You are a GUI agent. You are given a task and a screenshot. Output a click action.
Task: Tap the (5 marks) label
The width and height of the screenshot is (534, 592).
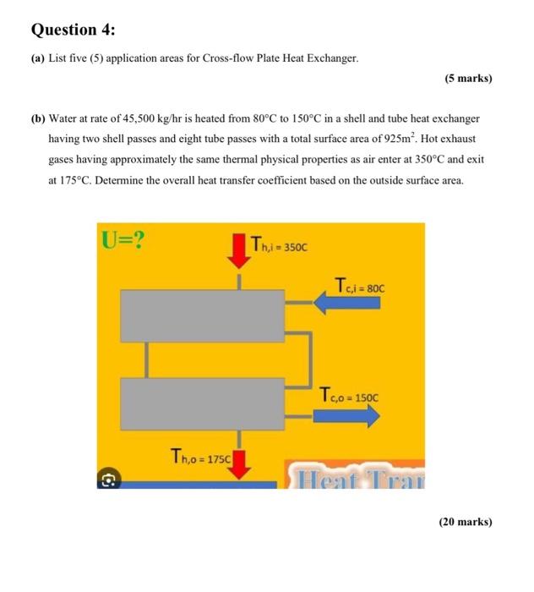[x=467, y=79]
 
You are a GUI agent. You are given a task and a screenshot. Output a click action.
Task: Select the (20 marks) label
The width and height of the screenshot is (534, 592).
[x=465, y=522]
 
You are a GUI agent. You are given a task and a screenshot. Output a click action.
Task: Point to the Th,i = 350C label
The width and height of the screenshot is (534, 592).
[x=281, y=247]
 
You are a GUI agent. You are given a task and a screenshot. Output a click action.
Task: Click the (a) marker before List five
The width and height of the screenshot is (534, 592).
[x=38, y=58]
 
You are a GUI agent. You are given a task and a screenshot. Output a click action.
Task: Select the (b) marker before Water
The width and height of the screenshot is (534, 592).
[x=39, y=119]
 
